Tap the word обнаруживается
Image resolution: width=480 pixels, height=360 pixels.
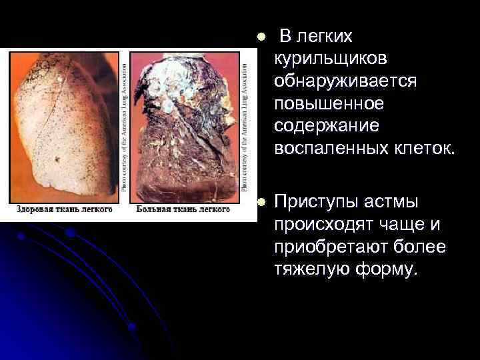(344, 81)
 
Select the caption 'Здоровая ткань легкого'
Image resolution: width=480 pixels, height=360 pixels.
(65, 209)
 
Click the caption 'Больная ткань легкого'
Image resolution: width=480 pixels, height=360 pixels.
(183, 209)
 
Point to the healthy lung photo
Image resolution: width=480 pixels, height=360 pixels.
(63, 126)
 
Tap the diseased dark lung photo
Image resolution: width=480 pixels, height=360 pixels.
(184, 126)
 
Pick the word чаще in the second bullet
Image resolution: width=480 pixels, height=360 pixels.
(407, 224)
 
